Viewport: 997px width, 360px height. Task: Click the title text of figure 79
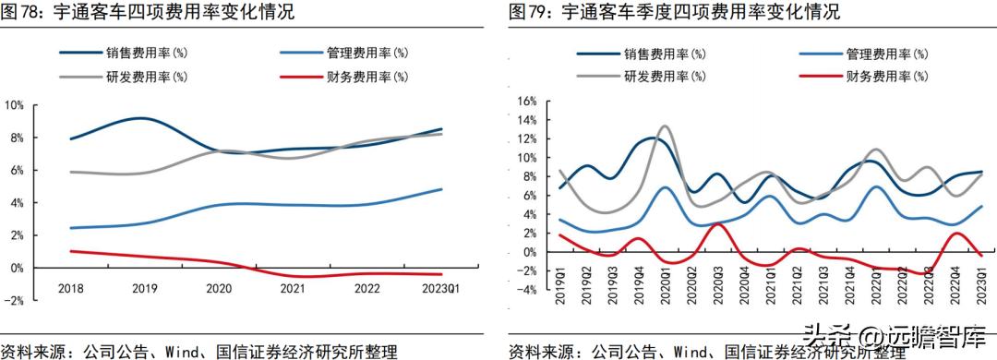point(675,13)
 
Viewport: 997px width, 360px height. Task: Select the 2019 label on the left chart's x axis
point(145,288)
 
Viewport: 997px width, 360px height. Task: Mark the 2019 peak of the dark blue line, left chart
point(140,118)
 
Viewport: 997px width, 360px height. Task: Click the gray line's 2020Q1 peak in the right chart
point(667,126)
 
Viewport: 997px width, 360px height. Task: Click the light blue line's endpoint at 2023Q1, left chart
point(441,189)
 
